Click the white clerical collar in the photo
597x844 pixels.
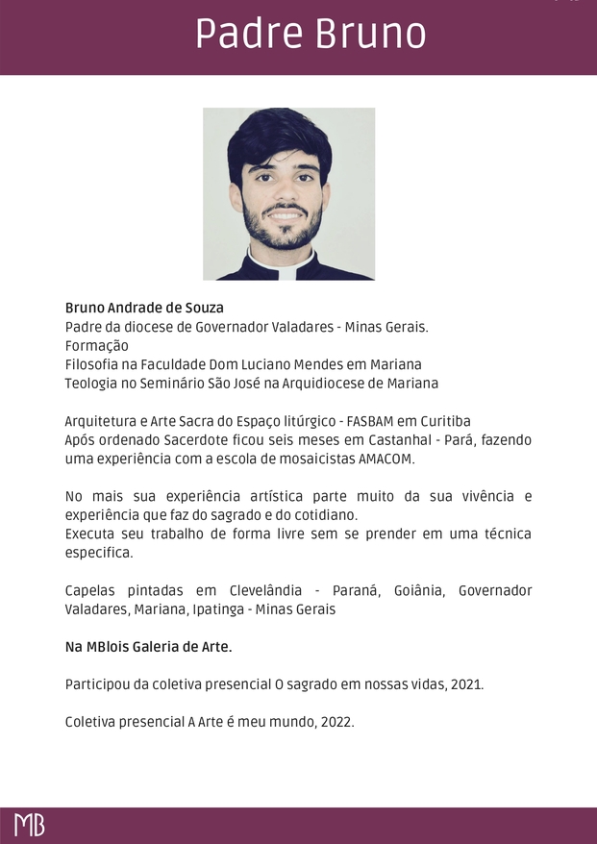pyautogui.click(x=288, y=272)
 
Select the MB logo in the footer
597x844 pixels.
pyautogui.click(x=29, y=825)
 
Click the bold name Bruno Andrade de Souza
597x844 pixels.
pyautogui.click(x=144, y=308)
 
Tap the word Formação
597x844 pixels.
pyautogui.click(x=96, y=345)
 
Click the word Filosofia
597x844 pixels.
pyautogui.click(x=94, y=364)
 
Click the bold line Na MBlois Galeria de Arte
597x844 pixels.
pyautogui.click(x=148, y=647)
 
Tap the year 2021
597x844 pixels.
pyautogui.click(x=465, y=684)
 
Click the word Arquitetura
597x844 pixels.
pyautogui.click(x=103, y=421)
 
